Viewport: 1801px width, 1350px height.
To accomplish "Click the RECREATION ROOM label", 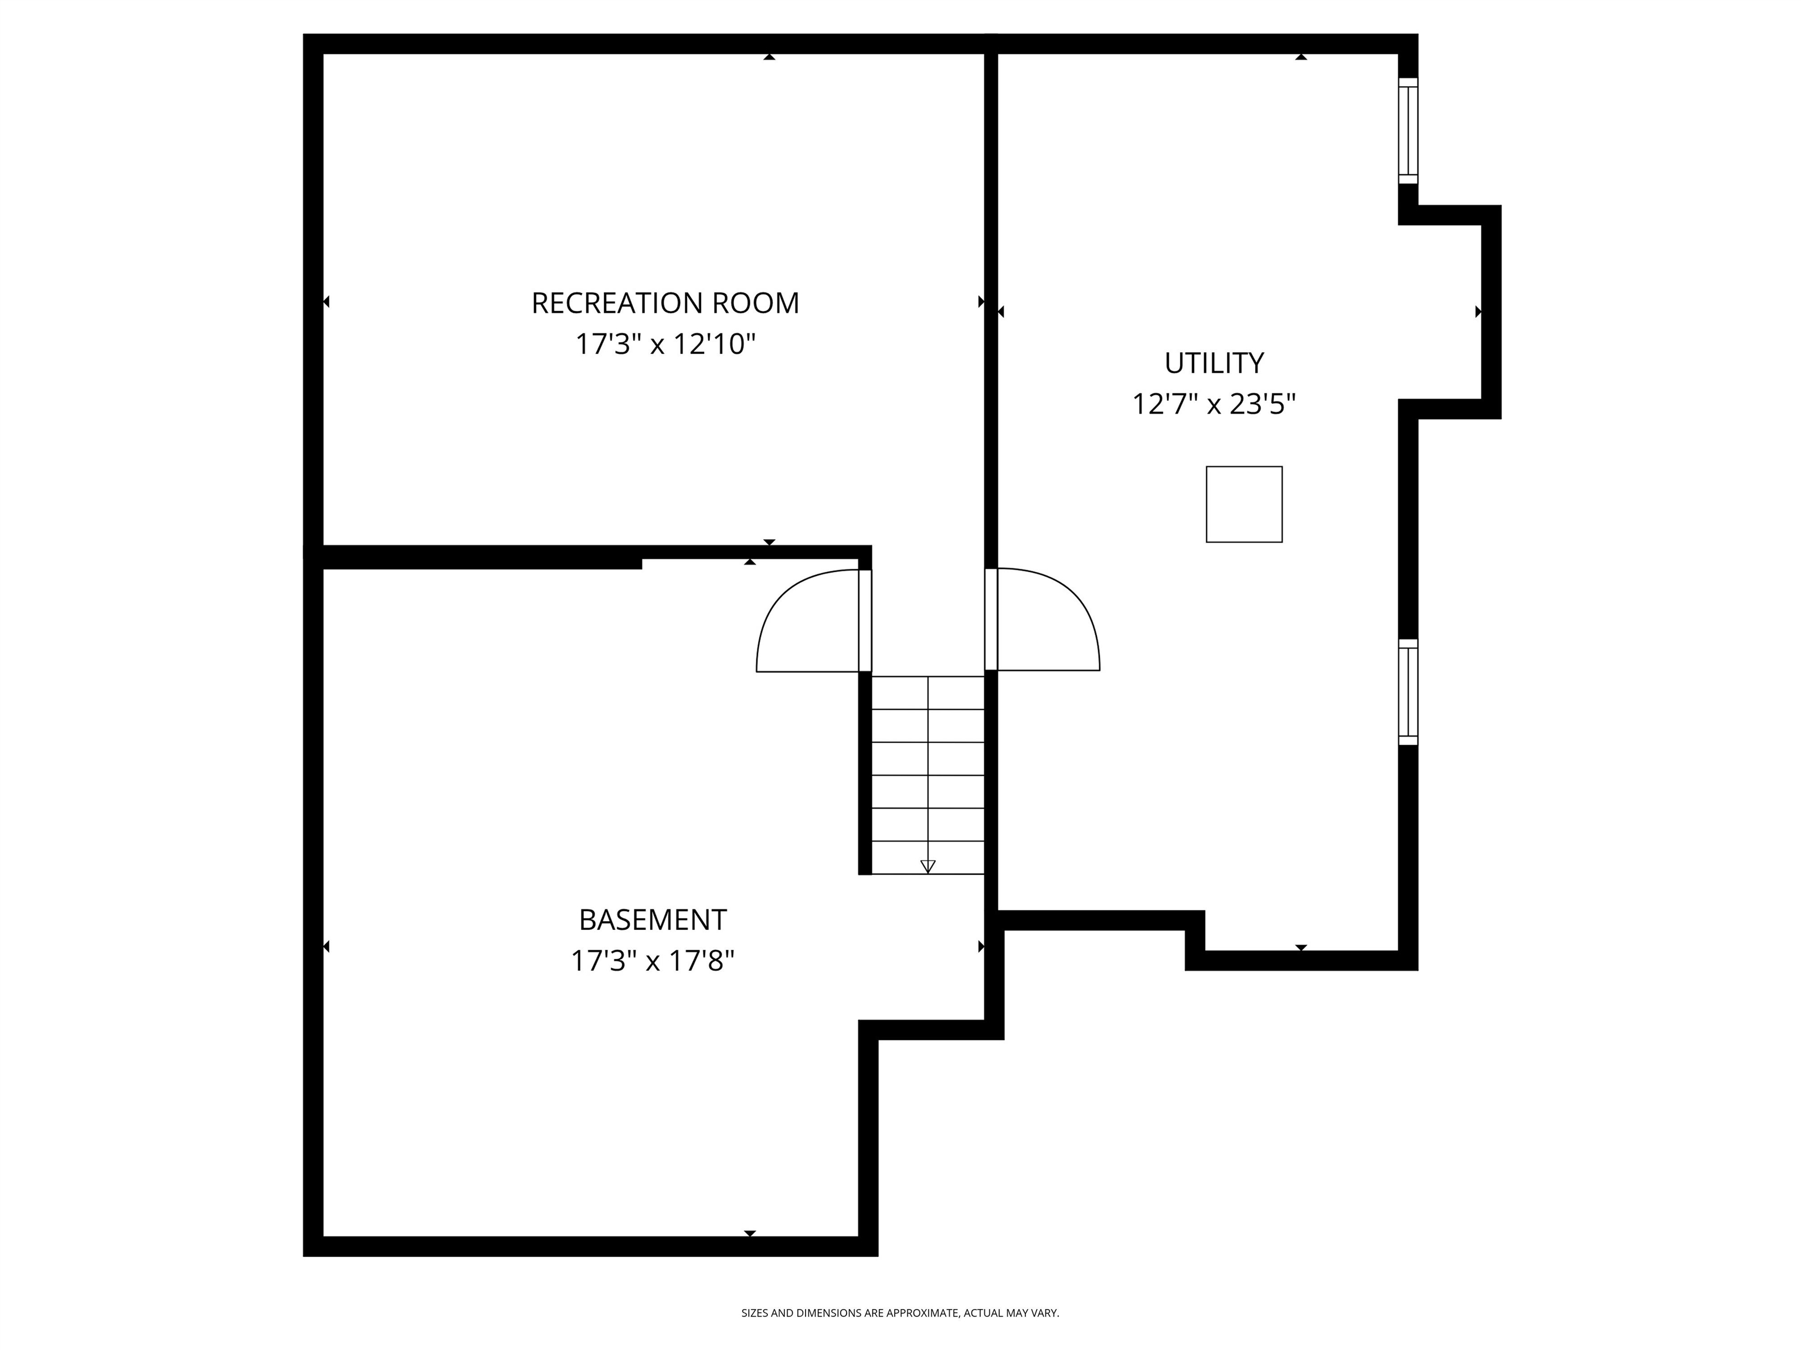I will pos(665,304).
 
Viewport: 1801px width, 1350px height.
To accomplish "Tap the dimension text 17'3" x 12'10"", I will pos(665,344).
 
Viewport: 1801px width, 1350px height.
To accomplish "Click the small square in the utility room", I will pos(1243,504).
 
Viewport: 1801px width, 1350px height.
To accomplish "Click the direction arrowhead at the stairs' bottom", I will pos(927,867).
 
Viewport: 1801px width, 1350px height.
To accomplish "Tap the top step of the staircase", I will pos(927,693).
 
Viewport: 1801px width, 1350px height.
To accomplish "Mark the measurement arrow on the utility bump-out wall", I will pos(1478,312).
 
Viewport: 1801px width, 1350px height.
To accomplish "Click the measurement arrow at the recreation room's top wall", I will pos(769,57).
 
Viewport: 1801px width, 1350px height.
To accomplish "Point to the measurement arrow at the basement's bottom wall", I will pos(750,1233).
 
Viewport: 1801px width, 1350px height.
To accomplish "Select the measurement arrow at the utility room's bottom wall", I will pos(1300,947).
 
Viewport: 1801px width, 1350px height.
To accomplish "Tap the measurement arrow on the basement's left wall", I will pos(327,946).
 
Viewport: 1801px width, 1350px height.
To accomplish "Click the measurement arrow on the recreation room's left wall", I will pos(327,302).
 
